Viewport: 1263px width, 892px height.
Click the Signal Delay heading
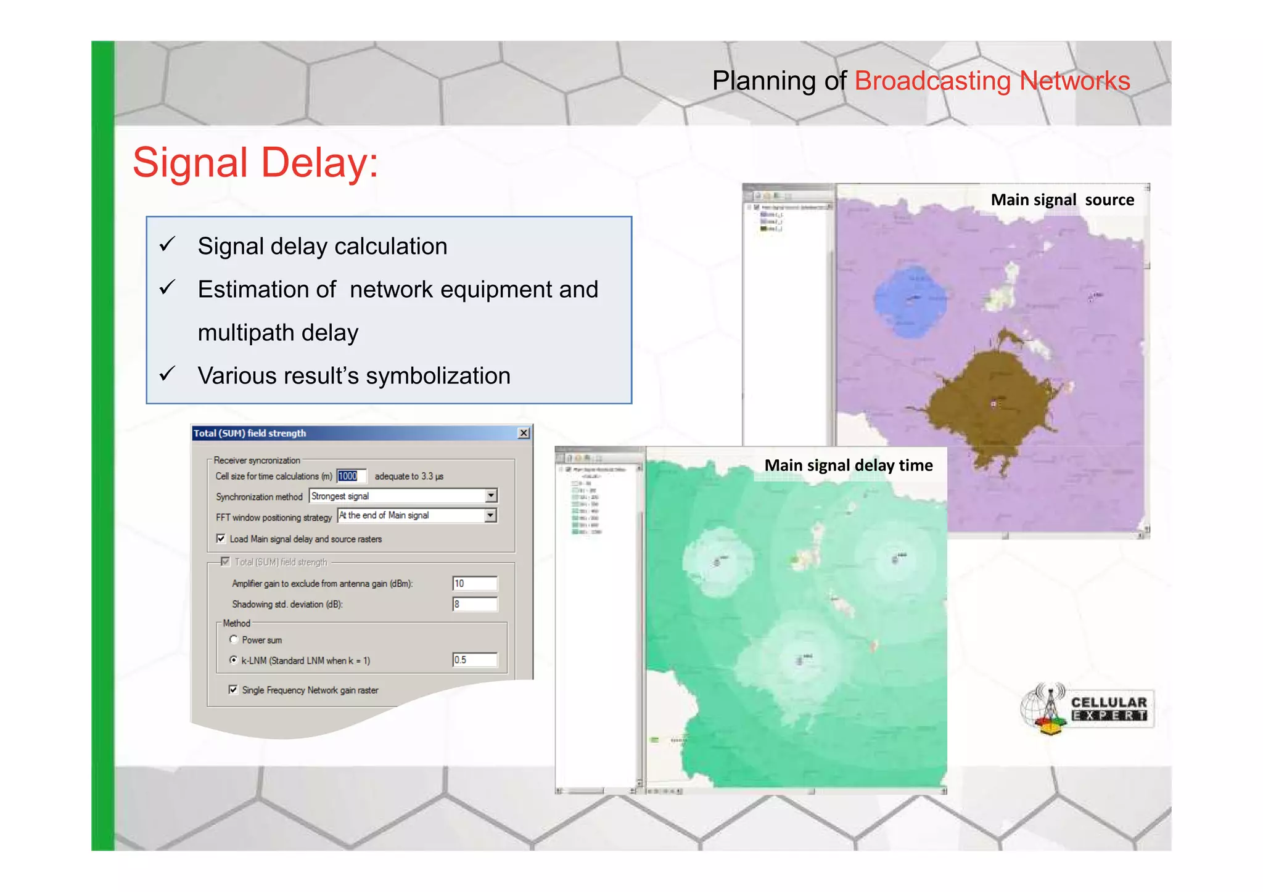255,163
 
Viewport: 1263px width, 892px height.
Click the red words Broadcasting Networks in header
992,81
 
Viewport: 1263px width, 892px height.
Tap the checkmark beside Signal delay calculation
167,245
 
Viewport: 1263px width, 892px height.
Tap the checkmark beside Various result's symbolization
167,374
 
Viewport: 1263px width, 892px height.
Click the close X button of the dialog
524,433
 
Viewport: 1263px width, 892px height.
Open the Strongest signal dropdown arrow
491,496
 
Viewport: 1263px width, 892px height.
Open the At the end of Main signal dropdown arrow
490,515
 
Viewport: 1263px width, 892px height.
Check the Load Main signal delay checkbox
221,539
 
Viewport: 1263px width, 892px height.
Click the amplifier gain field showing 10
474,583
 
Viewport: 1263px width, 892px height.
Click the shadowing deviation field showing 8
474,604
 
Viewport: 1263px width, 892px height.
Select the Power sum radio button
234,640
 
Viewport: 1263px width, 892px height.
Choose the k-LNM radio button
234,660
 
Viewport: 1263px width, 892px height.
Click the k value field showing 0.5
474,660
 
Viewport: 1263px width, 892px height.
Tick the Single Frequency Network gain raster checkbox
233,690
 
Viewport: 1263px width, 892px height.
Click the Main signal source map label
1062,200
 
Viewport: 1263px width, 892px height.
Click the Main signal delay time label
848,465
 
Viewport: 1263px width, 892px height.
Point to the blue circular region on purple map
910,301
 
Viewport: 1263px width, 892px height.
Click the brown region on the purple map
987,401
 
